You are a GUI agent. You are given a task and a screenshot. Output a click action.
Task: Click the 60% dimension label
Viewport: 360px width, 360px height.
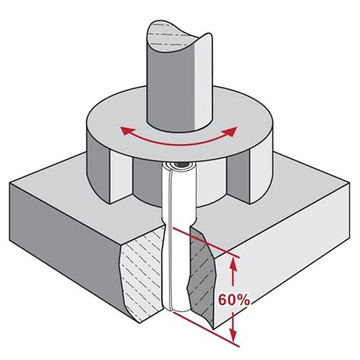point(234,300)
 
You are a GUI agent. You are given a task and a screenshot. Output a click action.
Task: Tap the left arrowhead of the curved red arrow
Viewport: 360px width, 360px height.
point(127,131)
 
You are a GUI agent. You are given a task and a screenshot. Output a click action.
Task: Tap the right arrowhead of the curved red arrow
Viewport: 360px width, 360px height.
point(231,131)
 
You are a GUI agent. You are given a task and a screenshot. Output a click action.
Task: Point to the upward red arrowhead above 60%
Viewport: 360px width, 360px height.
point(233,267)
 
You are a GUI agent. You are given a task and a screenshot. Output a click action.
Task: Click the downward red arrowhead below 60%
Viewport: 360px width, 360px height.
point(233,333)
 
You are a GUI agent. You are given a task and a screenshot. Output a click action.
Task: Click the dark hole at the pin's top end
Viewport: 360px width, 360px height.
point(182,165)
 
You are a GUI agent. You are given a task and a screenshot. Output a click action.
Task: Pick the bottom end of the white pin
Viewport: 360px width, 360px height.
point(177,309)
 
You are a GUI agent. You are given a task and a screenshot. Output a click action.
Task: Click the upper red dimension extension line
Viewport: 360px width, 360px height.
point(206,243)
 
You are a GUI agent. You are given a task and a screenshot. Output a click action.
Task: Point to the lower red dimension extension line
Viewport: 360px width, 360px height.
point(206,329)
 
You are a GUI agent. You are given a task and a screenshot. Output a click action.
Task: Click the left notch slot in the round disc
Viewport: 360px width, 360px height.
point(121,177)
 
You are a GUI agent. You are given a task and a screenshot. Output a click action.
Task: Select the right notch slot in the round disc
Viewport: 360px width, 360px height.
point(238,176)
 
